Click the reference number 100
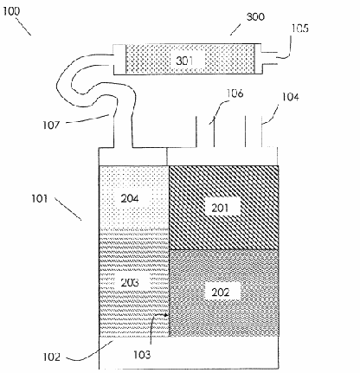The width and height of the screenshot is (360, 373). click(x=11, y=11)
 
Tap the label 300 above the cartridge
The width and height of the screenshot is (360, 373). click(x=255, y=16)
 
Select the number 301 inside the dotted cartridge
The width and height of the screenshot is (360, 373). click(x=184, y=61)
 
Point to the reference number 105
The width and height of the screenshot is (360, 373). click(x=299, y=28)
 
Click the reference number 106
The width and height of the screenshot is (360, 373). click(x=235, y=93)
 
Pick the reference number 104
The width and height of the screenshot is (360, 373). click(x=290, y=97)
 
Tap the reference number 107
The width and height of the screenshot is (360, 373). click(x=51, y=125)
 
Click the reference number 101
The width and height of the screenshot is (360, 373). click(x=40, y=198)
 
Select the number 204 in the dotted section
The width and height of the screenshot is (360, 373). click(x=130, y=198)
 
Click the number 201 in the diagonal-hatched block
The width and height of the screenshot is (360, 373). click(x=221, y=208)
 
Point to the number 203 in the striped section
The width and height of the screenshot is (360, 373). click(x=130, y=282)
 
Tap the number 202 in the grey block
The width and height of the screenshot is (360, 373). click(x=221, y=293)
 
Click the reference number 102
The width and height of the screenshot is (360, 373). click(x=52, y=357)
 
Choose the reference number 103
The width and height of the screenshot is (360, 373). click(x=142, y=355)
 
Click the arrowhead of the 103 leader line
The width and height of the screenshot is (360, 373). click(x=167, y=315)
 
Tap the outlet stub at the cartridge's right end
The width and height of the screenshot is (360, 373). click(x=269, y=58)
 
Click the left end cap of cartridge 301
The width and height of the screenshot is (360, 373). click(x=119, y=59)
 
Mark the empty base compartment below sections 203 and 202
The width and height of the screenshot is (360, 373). click(x=189, y=352)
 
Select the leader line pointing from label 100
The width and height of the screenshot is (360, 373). click(x=23, y=27)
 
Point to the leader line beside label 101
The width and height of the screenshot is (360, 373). click(x=68, y=209)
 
